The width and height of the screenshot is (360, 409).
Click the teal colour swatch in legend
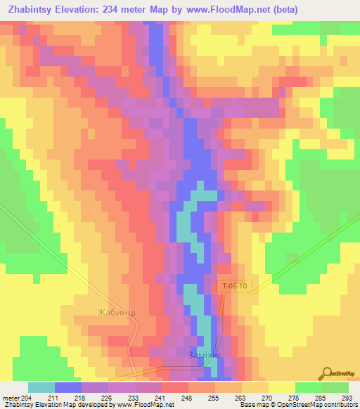click(x=41, y=387)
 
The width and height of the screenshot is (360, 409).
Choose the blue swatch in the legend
click(x=68, y=387)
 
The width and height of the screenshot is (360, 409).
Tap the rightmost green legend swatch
click(x=335, y=387)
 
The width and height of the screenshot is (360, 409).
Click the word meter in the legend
click(x=11, y=398)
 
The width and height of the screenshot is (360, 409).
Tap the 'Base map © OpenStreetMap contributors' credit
click(x=298, y=405)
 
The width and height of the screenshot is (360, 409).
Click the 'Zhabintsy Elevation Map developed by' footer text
click(x=59, y=405)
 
